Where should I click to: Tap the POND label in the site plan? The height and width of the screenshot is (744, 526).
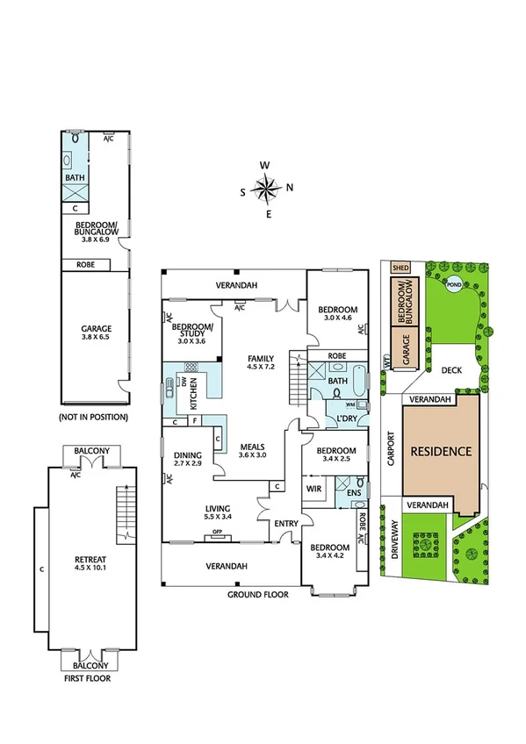(453, 285)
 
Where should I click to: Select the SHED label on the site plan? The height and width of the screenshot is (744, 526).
(401, 268)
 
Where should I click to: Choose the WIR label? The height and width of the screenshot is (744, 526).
(313, 487)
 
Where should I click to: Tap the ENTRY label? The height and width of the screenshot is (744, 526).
(285, 524)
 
